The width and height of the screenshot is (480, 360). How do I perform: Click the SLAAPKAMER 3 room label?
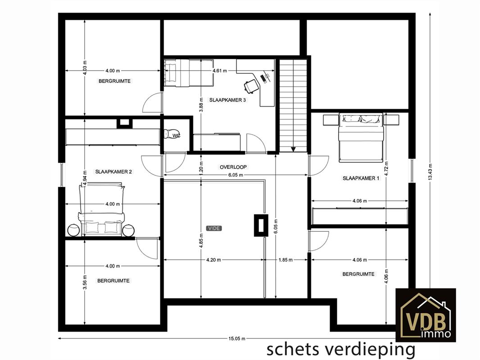[x=227, y=100]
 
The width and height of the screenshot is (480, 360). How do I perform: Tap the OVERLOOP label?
[x=233, y=167]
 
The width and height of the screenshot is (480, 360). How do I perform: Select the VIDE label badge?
[x=214, y=228]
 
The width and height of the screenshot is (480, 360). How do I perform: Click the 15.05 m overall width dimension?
[x=237, y=338]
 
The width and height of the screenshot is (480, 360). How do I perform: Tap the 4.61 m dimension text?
[x=220, y=71]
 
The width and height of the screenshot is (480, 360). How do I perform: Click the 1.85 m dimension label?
[x=285, y=260]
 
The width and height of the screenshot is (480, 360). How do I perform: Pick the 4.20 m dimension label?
[x=213, y=260]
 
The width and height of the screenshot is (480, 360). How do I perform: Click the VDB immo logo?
[x=426, y=315]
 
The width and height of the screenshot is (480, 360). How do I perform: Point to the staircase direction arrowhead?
[x=293, y=149]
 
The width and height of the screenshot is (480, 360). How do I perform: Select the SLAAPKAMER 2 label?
[x=113, y=171]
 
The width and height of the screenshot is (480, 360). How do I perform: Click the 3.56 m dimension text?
[x=85, y=282]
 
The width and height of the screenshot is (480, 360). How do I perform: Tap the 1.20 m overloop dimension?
[x=201, y=167]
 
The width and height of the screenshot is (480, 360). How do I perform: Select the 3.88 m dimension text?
[x=201, y=104]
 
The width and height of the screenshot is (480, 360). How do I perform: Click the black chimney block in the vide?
[x=261, y=225]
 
